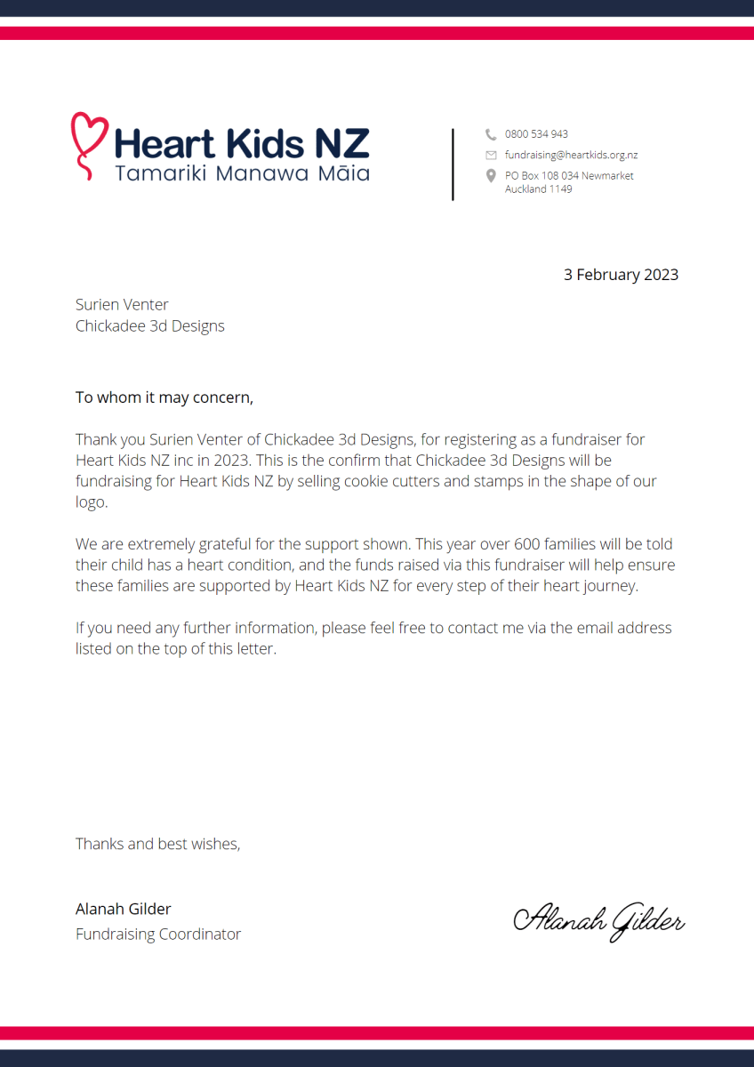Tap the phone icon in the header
coord(491,134)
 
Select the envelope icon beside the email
coord(491,155)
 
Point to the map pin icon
coord(491,176)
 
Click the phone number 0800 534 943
coord(536,134)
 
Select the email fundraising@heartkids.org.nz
coord(571,155)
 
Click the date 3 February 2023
coord(621,275)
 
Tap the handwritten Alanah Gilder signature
coord(598,920)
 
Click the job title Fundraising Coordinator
coord(158,935)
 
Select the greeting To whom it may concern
coord(164,397)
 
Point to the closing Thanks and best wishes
coord(157,844)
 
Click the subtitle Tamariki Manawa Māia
coord(242,173)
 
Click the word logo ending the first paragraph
coord(90,501)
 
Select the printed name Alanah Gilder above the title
coord(123,909)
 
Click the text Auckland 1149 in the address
coord(538,189)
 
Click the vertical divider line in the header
coord(453,164)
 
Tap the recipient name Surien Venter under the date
coord(122,305)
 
